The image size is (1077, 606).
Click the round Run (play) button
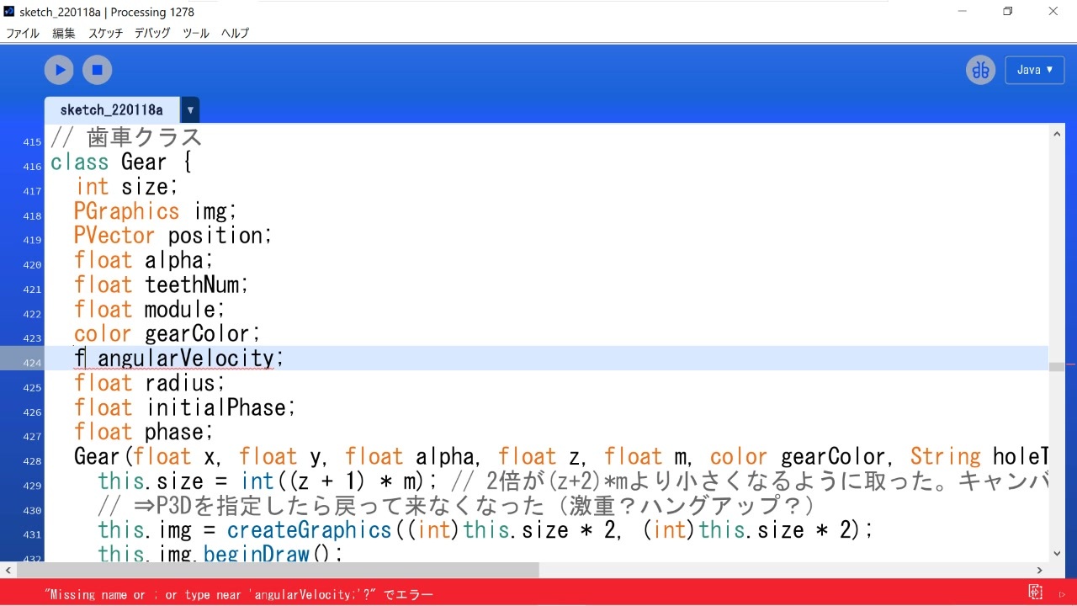(x=59, y=70)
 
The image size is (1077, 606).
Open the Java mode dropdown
(x=1034, y=70)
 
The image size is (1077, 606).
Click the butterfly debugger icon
(x=980, y=70)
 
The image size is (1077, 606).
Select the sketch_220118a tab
(x=111, y=110)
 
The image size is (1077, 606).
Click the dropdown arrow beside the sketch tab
(x=190, y=110)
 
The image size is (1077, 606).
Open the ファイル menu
(x=23, y=33)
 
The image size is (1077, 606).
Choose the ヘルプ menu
(x=235, y=33)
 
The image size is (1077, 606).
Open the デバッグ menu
(x=152, y=33)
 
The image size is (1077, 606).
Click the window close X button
(x=1053, y=12)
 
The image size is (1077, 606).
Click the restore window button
(x=1007, y=12)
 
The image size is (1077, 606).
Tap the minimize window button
(x=962, y=12)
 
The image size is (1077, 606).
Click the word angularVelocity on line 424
(x=186, y=359)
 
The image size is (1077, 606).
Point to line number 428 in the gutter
(x=32, y=461)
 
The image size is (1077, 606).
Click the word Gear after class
(x=144, y=162)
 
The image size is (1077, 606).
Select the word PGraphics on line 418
(x=126, y=210)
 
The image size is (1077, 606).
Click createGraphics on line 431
(x=309, y=530)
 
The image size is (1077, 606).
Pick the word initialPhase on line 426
(x=216, y=407)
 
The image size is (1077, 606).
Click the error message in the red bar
(x=239, y=595)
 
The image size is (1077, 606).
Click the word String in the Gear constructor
(x=945, y=456)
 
